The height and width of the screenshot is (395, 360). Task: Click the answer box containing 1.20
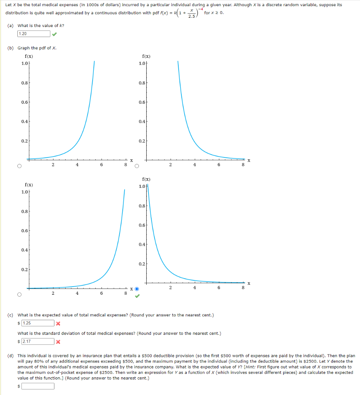[34, 34]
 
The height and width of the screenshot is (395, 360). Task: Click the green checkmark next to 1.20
[55, 34]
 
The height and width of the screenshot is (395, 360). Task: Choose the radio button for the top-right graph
[137, 167]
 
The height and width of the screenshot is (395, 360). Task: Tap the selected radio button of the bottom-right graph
[137, 289]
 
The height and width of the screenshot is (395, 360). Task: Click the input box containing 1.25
[37, 323]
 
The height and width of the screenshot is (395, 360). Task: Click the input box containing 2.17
[37, 341]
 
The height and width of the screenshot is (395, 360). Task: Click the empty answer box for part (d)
[37, 386]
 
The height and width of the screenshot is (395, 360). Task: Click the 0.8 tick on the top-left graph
[24, 82]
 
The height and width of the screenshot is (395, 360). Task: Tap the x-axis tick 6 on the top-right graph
[219, 165]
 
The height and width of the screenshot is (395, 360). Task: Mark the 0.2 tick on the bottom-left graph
[24, 269]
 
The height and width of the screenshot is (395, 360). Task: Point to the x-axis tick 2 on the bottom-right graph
[170, 287]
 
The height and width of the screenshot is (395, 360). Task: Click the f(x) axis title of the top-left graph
[28, 56]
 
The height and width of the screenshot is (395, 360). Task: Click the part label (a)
[12, 25]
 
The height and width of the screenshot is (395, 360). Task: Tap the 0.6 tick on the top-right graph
[142, 102]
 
